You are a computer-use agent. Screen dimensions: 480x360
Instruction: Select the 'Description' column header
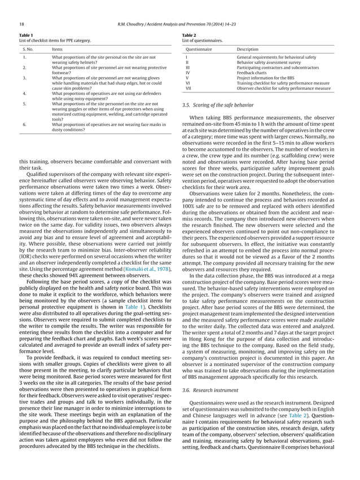[248, 49]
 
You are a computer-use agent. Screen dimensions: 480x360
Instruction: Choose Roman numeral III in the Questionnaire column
[187, 68]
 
